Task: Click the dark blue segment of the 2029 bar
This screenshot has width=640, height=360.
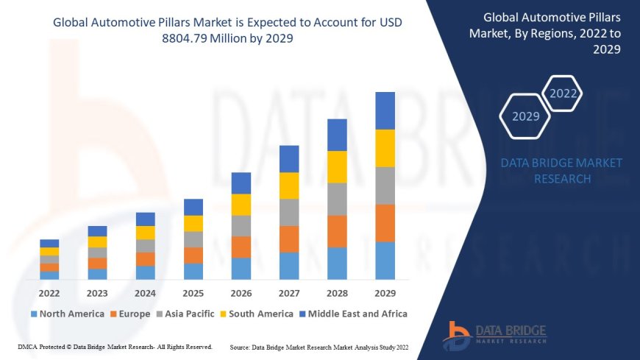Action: pyautogui.click(x=385, y=110)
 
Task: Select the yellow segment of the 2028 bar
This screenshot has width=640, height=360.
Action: pyautogui.click(x=337, y=166)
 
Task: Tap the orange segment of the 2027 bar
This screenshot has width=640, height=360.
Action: pyautogui.click(x=289, y=239)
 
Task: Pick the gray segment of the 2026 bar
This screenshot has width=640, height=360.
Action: pyautogui.click(x=241, y=225)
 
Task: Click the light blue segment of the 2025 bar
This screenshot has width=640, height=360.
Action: pyautogui.click(x=193, y=271)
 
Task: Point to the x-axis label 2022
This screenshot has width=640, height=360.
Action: pyautogui.click(x=49, y=292)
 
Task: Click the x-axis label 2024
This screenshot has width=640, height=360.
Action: pyautogui.click(x=145, y=292)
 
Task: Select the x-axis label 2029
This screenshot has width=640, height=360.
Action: pyautogui.click(x=385, y=292)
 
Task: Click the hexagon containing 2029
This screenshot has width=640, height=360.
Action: pyautogui.click(x=525, y=116)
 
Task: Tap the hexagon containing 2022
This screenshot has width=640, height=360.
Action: pyautogui.click(x=563, y=93)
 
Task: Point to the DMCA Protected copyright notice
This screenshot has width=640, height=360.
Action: pyautogui.click(x=115, y=346)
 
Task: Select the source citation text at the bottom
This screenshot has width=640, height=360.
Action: pyautogui.click(x=320, y=346)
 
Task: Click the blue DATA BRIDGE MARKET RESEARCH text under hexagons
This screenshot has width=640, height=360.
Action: pyautogui.click(x=561, y=171)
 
